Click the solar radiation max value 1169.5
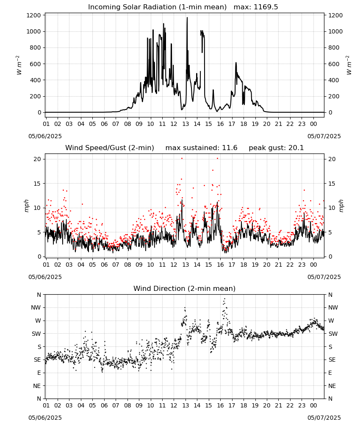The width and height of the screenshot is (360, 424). coord(266,7)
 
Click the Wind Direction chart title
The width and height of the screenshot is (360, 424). coord(185,288)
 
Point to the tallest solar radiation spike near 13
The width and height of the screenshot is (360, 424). coord(187,17)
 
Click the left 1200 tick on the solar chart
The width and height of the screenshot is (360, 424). coord(33,15)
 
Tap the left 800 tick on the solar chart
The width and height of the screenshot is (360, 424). coord(36,47)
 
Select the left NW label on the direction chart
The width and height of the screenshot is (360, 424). coord(36,307)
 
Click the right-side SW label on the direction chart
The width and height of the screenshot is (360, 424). coord(333,334)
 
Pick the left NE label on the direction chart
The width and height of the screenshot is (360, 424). coord(37,386)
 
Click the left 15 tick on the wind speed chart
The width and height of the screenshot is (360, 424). coord(37,184)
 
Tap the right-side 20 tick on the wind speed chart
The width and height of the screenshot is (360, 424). coord(332,159)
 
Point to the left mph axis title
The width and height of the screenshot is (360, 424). coord(26,206)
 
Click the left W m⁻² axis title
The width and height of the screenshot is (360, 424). coord(19,65)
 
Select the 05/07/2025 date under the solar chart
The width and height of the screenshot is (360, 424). coord(324,136)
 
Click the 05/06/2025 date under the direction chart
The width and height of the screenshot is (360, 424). coord(45,418)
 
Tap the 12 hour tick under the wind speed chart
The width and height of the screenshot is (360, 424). coord(174,265)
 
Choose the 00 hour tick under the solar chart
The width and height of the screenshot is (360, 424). coord(313,124)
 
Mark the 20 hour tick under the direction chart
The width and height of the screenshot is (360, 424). coord(267,405)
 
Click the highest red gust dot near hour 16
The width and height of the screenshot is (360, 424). coord(217,159)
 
